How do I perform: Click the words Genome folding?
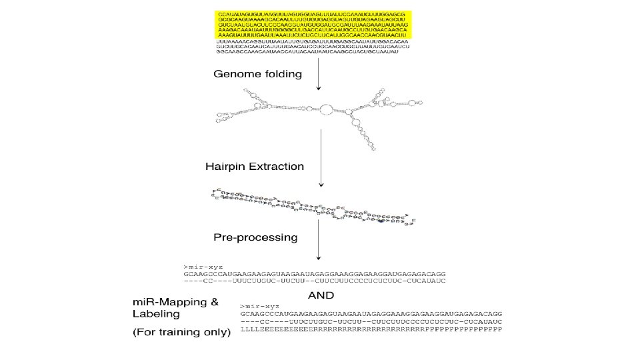pos(257,74)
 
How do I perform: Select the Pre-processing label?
pos(255,237)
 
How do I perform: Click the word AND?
pos(321,294)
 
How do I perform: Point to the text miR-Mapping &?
pos(175,302)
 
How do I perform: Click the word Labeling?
pos(155,314)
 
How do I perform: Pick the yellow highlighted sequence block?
pos(313,25)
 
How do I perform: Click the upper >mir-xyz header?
pos(198,267)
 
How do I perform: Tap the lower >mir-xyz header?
pos(255,305)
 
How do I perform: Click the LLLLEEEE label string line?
pos(371,329)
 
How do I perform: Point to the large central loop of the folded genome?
pos(327,109)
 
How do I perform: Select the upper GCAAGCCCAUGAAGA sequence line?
pos(313,274)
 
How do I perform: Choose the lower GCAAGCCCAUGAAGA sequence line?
pos(371,313)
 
